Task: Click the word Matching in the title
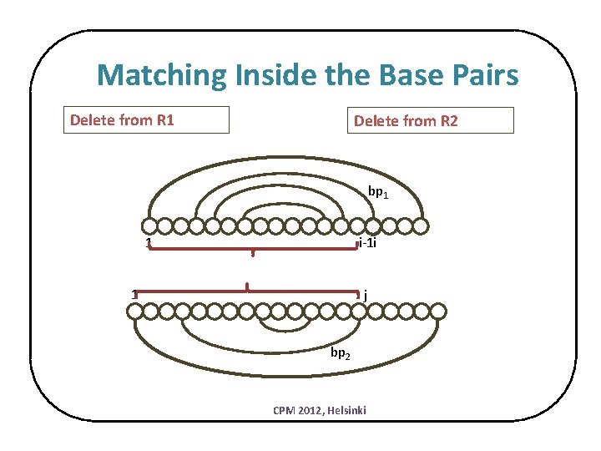[160, 76]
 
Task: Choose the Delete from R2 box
[430, 121]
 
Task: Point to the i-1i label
[367, 244]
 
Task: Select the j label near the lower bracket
[366, 294]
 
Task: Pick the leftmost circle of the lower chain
[134, 312]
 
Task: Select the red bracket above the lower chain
[247, 289]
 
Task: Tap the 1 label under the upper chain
[148, 244]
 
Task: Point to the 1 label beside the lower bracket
[134, 293]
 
